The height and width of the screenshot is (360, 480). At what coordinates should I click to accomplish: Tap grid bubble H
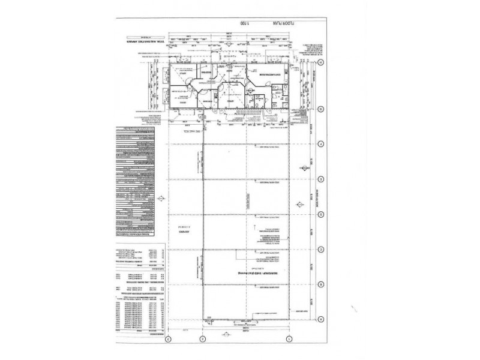click(321, 62)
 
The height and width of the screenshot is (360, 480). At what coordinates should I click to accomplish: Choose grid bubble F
click(321, 144)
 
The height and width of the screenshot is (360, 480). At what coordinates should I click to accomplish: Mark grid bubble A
click(321, 319)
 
